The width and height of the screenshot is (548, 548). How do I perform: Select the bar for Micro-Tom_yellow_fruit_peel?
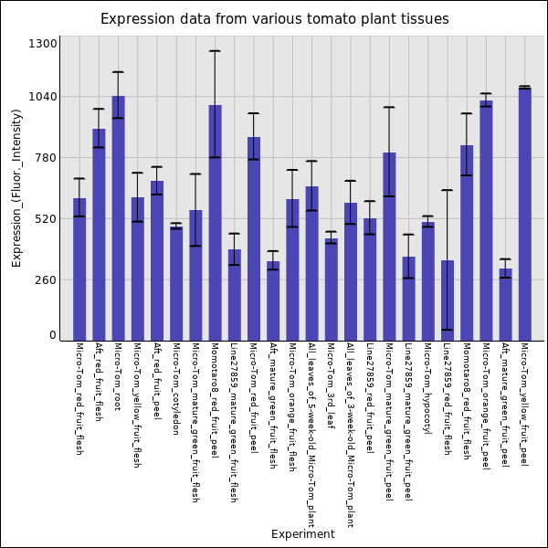524,214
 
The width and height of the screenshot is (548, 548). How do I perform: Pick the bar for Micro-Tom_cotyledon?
176,283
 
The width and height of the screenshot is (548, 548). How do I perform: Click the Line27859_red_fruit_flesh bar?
447,300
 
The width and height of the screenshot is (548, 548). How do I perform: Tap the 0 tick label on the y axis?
53,335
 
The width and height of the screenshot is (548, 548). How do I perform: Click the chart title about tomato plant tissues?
274,19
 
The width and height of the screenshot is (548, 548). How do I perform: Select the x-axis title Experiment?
302,534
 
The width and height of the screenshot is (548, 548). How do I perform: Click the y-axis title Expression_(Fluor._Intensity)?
16,187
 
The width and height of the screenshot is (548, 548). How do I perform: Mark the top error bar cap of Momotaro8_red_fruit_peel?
215,51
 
